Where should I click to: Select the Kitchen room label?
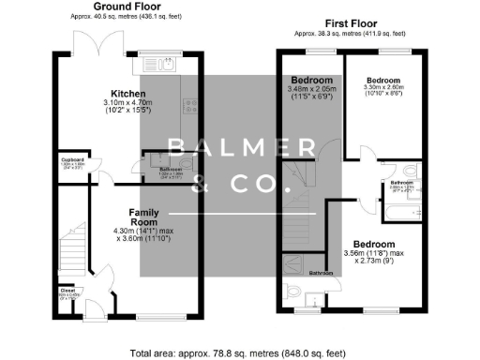pyautogui.click(x=127, y=94)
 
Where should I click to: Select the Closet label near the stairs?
pyautogui.click(x=67, y=290)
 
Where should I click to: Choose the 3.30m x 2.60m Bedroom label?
pyautogui.click(x=382, y=81)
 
